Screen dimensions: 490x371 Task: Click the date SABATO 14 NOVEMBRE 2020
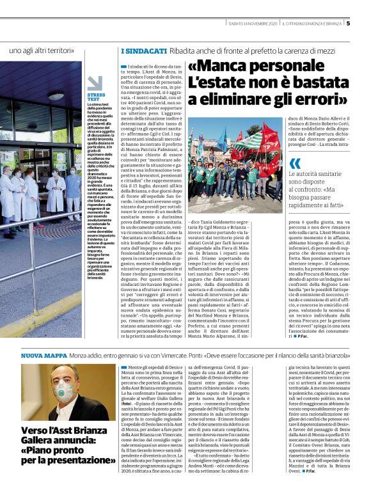point(253,24)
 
